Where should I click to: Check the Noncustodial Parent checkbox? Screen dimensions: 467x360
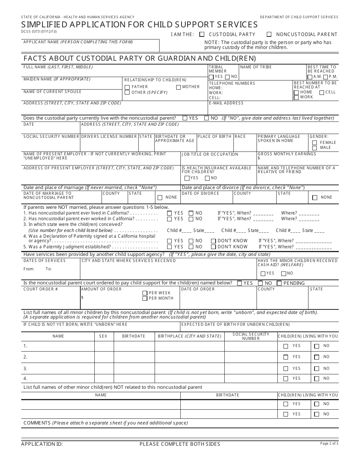pyautogui.click(x=269, y=34)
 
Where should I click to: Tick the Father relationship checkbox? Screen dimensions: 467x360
pyautogui.click(x=127, y=87)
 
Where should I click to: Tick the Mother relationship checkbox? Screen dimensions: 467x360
pyautogui.click(x=178, y=87)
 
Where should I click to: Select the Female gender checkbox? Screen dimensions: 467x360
pyautogui.click(x=315, y=143)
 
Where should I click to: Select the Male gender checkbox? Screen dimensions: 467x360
pyautogui.click(x=315, y=148)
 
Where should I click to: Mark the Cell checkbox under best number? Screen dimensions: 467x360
pyautogui.click(x=321, y=92)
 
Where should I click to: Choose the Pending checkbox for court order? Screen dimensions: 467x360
pyautogui.click(x=279, y=283)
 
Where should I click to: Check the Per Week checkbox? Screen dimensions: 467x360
pyautogui.click(x=145, y=293)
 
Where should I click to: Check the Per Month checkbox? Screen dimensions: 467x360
pyautogui.click(x=145, y=298)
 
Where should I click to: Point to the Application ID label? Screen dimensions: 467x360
pyautogui.click(x=42, y=444)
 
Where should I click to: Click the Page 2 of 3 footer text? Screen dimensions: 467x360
pyautogui.click(x=329, y=443)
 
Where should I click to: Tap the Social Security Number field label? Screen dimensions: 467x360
pyautogui.click(x=51, y=136)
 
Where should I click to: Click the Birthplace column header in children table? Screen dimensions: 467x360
pyautogui.click(x=189, y=336)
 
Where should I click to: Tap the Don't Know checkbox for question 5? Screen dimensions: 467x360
pyautogui.click(x=213, y=247)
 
